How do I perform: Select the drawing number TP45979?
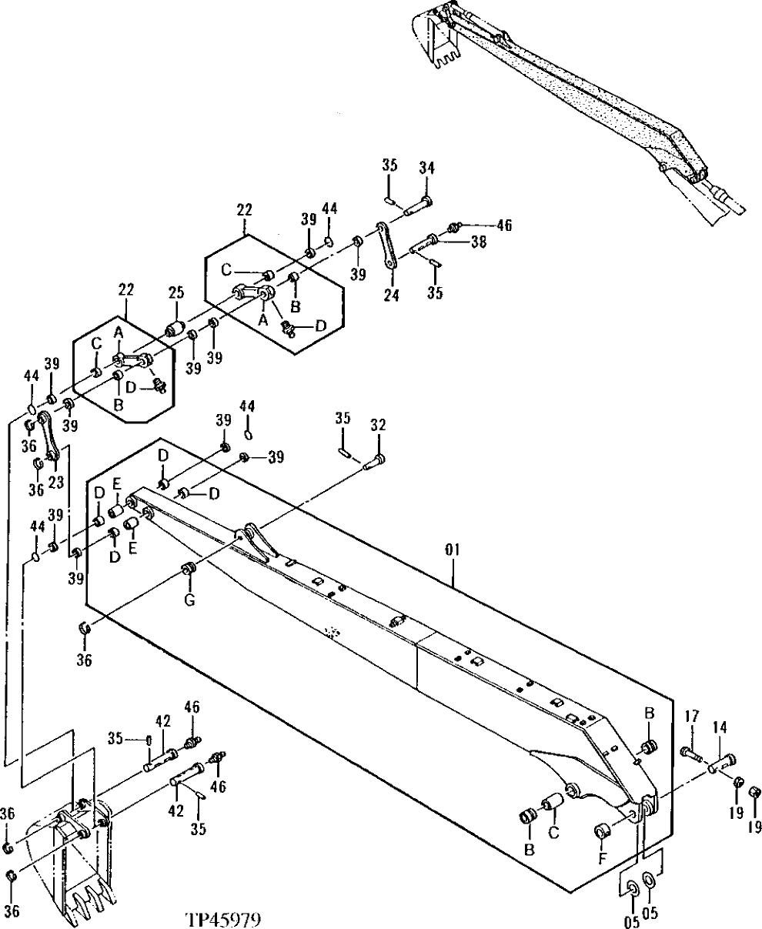point(223,919)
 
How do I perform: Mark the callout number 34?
point(426,168)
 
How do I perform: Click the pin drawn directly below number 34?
point(414,205)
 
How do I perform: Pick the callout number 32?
point(378,425)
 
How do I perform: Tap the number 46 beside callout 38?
point(503,226)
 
